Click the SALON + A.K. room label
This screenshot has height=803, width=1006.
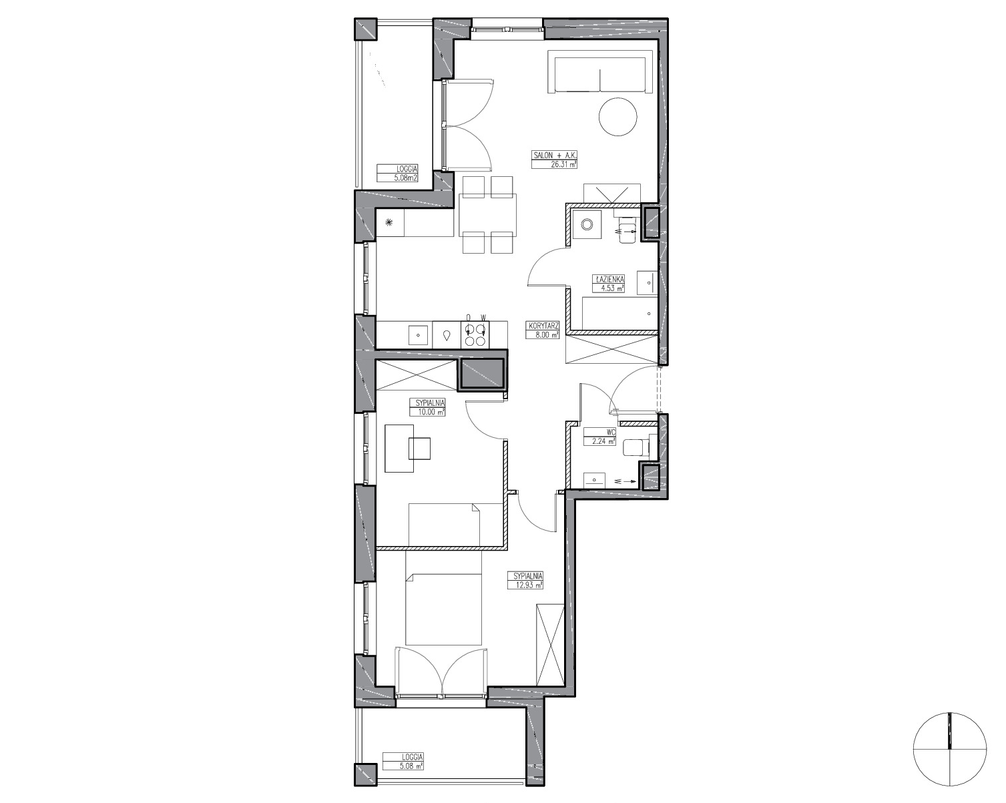coord(553,155)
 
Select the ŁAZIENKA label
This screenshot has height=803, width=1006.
coord(609,279)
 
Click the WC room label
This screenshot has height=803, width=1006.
coord(611,431)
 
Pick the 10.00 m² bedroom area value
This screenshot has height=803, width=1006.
coord(427,412)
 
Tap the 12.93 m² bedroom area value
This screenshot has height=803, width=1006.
coord(526,585)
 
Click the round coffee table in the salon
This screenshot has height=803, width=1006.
coord(618,117)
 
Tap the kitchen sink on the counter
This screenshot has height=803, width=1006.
coord(91,335)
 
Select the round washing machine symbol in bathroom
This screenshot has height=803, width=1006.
coord(587,225)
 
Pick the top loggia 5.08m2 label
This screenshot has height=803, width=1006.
coord(398,174)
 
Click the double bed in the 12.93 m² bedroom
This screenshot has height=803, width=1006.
coord(444,597)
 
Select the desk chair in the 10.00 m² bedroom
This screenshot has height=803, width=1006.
coord(420,449)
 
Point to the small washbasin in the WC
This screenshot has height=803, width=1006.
coord(594,480)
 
